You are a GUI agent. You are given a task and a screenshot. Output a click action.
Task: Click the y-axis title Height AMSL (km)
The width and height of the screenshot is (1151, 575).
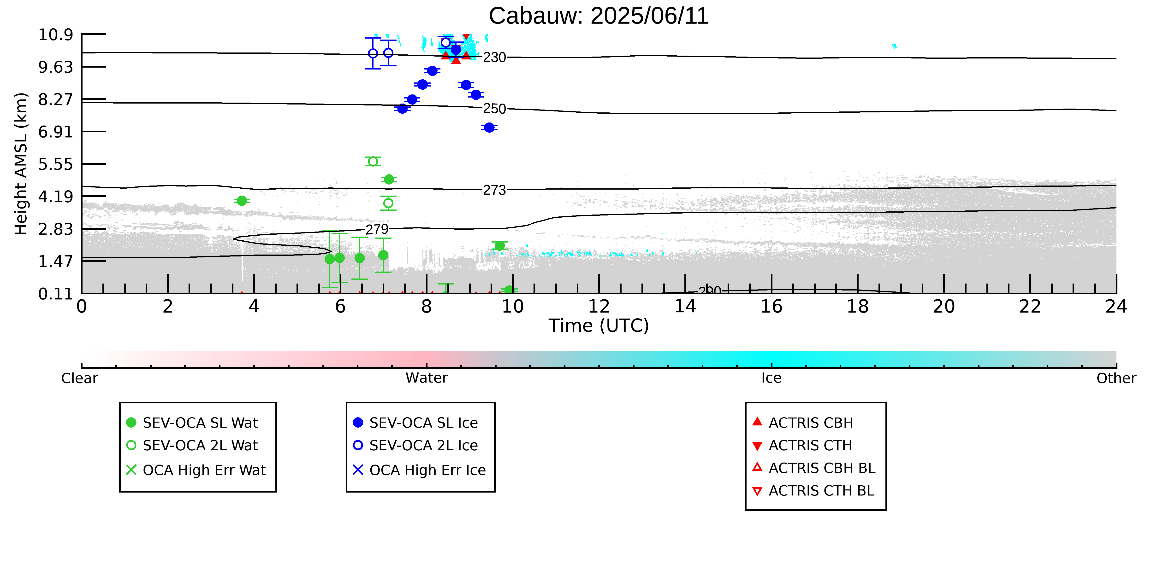[21, 164]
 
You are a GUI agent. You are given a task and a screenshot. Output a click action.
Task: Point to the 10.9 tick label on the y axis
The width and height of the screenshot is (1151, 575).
[56, 34]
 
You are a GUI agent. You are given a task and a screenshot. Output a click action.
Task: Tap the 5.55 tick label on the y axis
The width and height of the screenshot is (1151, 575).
[56, 164]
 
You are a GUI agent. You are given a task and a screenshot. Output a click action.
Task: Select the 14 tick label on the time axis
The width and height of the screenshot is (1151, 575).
[685, 307]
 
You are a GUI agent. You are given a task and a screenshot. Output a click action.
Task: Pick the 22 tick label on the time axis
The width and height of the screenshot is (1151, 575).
[1030, 307]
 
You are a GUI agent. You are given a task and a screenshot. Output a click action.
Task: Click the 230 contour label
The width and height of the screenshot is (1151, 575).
[495, 58]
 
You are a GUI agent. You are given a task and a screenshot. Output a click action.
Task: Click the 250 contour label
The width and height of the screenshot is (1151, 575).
[495, 109]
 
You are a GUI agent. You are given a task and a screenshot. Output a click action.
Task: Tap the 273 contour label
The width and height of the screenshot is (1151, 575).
[495, 190]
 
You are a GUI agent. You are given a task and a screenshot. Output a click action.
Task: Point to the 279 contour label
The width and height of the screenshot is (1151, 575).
[377, 229]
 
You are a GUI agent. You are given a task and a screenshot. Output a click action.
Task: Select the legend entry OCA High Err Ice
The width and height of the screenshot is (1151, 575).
[419, 470]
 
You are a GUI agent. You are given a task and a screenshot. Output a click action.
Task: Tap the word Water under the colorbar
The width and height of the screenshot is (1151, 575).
[426, 378]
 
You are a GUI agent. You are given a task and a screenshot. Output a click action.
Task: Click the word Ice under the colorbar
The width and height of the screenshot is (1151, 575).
[771, 378]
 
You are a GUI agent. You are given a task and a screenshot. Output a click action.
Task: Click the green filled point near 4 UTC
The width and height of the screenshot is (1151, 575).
[242, 201]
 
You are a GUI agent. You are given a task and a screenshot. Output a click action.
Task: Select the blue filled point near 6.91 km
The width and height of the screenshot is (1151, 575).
[489, 128]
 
